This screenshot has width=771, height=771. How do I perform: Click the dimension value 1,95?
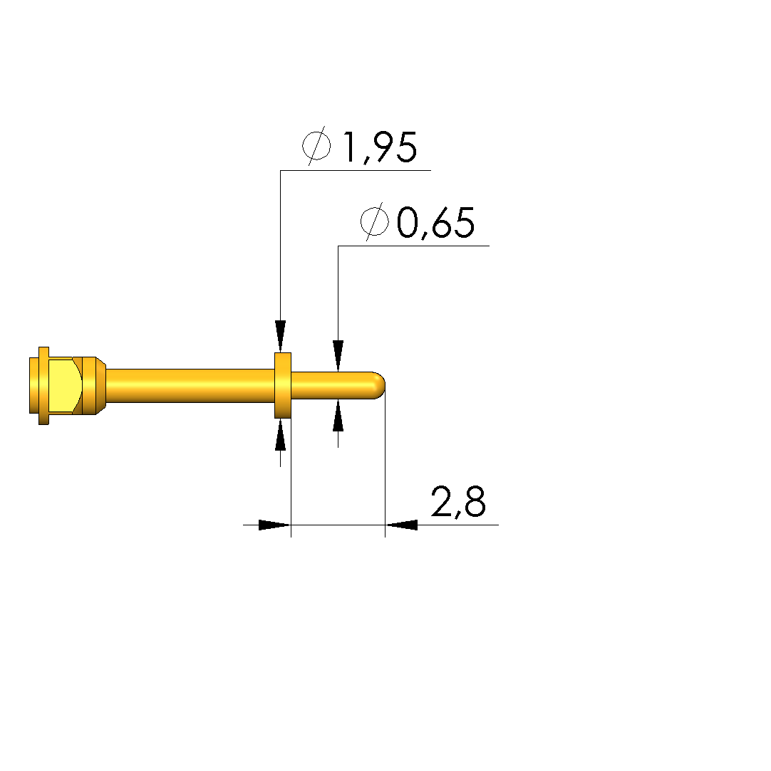[380, 147]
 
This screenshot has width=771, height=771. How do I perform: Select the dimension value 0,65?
[436, 223]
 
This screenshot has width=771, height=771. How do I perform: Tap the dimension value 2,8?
[459, 502]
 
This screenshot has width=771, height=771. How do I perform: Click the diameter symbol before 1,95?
[316, 145]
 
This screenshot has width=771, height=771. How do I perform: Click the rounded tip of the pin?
[379, 386]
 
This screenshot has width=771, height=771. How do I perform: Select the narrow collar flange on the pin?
[283, 385]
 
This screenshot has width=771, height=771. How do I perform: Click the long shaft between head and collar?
[190, 386]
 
